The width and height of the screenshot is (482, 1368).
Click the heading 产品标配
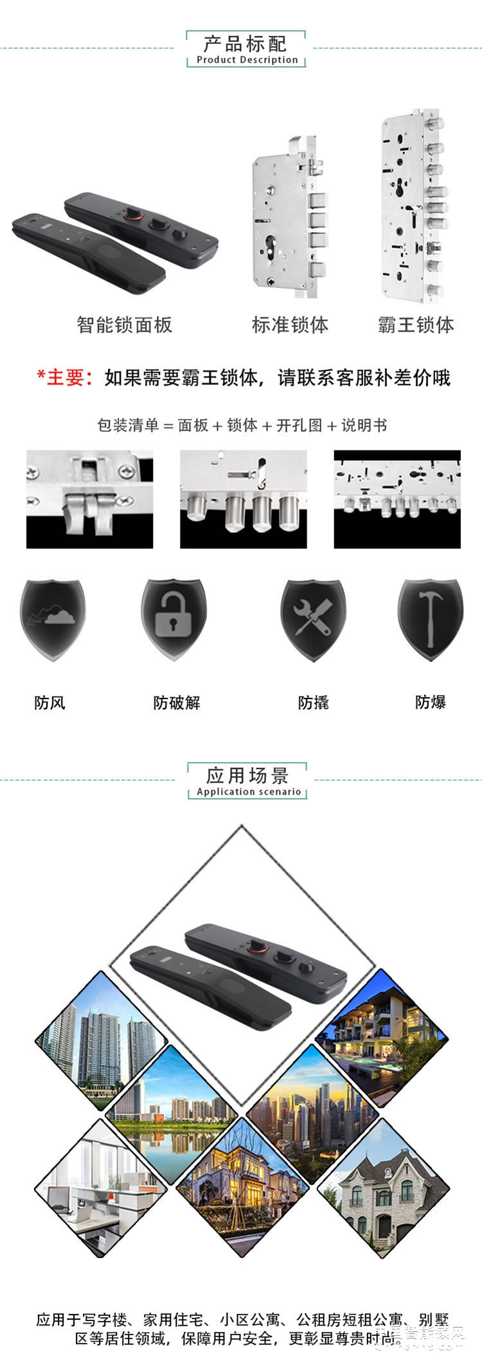[245, 44]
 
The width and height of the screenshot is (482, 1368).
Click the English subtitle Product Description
[247, 60]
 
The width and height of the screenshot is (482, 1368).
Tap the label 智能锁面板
[125, 324]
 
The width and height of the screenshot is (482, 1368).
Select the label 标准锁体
[290, 324]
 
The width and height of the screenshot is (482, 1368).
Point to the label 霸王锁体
[416, 324]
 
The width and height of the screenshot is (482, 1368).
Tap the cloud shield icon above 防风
[52, 619]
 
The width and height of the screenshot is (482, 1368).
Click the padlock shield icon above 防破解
[173, 619]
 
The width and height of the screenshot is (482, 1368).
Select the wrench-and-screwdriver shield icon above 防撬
[313, 619]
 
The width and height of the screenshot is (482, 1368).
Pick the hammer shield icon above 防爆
[430, 619]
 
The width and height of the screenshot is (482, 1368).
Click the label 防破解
[177, 702]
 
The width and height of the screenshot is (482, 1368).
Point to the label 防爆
[430, 702]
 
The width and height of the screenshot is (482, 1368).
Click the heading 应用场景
[247, 776]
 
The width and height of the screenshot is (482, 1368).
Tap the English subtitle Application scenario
[249, 792]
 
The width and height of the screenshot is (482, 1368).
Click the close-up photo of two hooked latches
[89, 499]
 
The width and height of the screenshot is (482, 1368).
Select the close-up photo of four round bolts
[244, 499]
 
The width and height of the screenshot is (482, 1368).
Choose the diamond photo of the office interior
[100, 1187]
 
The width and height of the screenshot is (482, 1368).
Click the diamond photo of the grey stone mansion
[384, 1187]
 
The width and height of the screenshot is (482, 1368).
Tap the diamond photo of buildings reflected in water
[171, 1117]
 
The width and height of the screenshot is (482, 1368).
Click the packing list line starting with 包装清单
[242, 425]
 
